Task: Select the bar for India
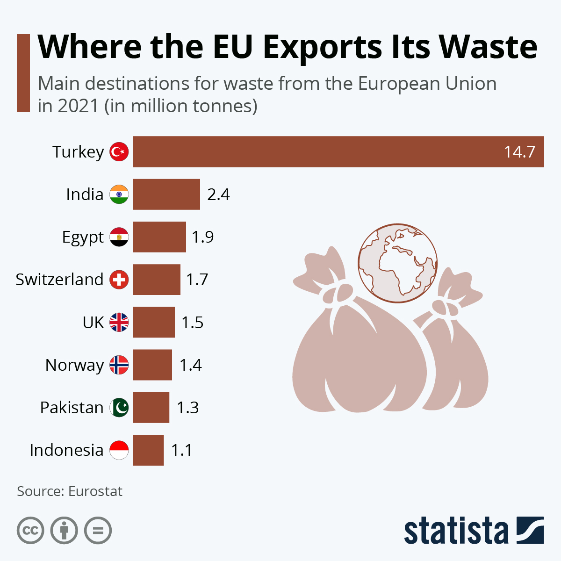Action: (x=166, y=194)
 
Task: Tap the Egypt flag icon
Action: (x=119, y=237)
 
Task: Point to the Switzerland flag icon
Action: (x=119, y=280)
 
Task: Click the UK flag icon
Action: (x=119, y=322)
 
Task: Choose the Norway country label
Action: (x=74, y=365)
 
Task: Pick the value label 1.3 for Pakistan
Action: (x=187, y=408)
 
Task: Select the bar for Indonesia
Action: (x=148, y=450)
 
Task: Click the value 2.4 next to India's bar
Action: (x=218, y=194)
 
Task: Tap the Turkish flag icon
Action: (x=119, y=152)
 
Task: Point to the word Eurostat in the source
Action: (x=95, y=491)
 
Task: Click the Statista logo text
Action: (x=456, y=531)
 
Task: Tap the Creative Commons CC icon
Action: (x=30, y=531)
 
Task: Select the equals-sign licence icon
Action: (x=98, y=531)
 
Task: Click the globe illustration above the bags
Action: (x=398, y=263)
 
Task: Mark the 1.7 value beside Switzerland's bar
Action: (x=197, y=280)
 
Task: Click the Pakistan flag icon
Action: (x=119, y=408)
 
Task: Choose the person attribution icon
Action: (x=64, y=531)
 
